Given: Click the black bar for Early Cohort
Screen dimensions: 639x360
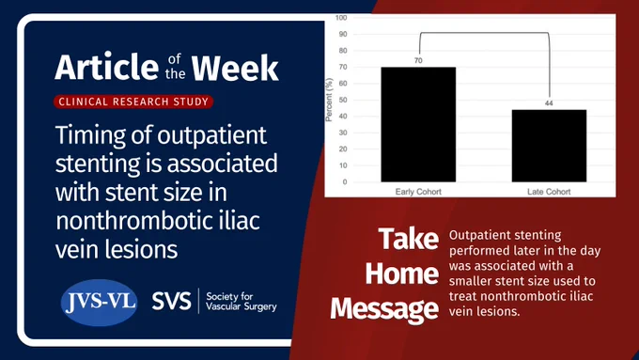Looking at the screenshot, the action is click(x=418, y=124).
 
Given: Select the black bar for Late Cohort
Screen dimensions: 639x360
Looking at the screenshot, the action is click(x=549, y=146).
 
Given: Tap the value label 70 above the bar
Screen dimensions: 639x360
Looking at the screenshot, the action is click(x=418, y=60).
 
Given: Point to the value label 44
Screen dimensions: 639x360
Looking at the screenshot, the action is click(x=549, y=103).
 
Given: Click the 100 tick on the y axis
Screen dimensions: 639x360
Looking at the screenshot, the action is click(x=341, y=18).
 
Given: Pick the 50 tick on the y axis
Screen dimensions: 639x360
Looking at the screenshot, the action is click(x=343, y=100).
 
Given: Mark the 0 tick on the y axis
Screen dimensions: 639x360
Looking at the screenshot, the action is click(x=345, y=181).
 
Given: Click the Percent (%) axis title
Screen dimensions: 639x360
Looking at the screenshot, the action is click(x=329, y=100).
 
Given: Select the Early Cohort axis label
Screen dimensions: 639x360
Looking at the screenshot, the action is click(x=418, y=192).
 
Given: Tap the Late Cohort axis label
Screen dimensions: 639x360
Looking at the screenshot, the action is click(x=549, y=192).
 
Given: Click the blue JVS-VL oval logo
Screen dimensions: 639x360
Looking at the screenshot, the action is click(x=99, y=303).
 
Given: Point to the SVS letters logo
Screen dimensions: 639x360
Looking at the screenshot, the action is click(x=171, y=301).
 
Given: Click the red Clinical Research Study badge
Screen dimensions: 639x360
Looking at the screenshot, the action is click(x=133, y=102).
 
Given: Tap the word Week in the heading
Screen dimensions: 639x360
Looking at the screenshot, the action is click(x=235, y=68).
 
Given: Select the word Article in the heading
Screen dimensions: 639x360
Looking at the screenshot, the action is click(x=107, y=66).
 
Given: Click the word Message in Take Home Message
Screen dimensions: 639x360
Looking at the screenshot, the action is click(x=384, y=309).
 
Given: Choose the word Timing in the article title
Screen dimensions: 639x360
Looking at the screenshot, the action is click(x=90, y=135).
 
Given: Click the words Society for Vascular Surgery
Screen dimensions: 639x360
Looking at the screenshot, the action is click(x=241, y=302).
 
